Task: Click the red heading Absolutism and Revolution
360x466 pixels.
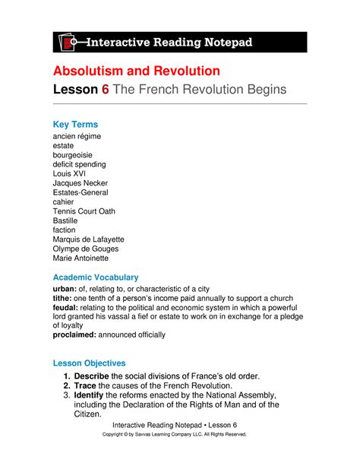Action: click(x=136, y=71)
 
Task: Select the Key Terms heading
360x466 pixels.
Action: click(x=75, y=124)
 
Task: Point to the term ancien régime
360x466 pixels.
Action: click(x=77, y=137)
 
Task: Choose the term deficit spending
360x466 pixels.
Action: click(x=80, y=164)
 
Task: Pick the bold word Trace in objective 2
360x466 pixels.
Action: click(x=95, y=388)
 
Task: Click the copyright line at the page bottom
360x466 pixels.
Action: click(x=180, y=434)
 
